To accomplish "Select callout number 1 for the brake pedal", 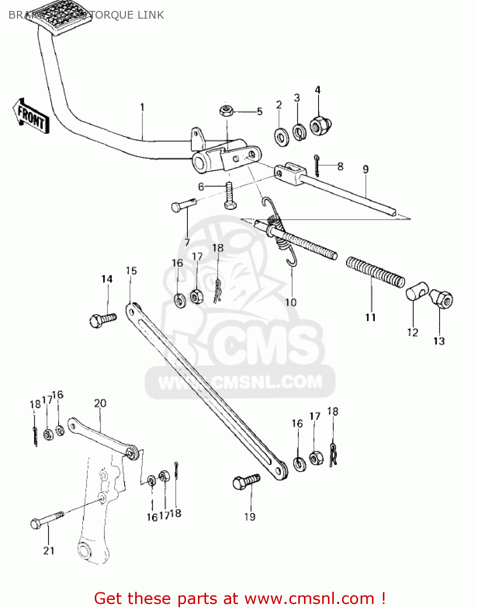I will [142, 107].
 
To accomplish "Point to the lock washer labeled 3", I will [299, 132].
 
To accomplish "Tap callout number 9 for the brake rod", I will [365, 169].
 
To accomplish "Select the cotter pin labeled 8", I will [317, 166].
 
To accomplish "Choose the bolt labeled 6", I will [229, 196].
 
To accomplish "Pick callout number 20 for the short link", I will [100, 403].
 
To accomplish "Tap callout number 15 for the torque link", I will [131, 271].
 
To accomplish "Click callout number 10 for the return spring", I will [291, 302].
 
